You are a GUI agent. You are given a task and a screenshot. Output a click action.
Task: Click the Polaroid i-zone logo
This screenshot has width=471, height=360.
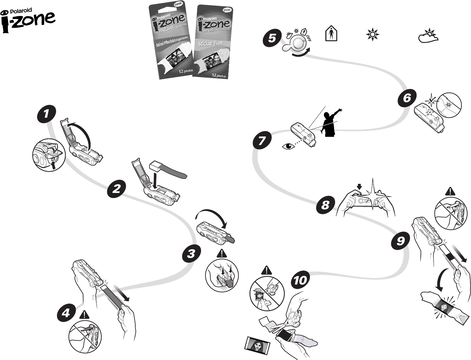coord(28,21)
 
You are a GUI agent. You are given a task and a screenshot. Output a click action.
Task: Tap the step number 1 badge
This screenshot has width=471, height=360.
coord(46,114)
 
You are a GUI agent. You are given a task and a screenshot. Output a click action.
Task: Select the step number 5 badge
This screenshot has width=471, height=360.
coord(272,39)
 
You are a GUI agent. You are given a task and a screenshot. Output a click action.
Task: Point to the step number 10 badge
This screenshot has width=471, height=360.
coord(300,281)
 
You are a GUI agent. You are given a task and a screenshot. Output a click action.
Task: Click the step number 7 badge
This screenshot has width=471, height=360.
coord(262,141)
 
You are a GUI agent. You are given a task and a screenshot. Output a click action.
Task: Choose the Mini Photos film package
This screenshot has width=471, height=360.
coord(172,41)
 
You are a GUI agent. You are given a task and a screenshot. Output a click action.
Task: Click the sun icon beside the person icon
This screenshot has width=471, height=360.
coord(372,34)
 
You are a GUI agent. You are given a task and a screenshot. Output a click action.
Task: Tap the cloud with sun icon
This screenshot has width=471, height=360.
coord(428,36)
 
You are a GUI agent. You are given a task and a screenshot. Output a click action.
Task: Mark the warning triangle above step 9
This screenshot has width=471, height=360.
coord(450,191)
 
